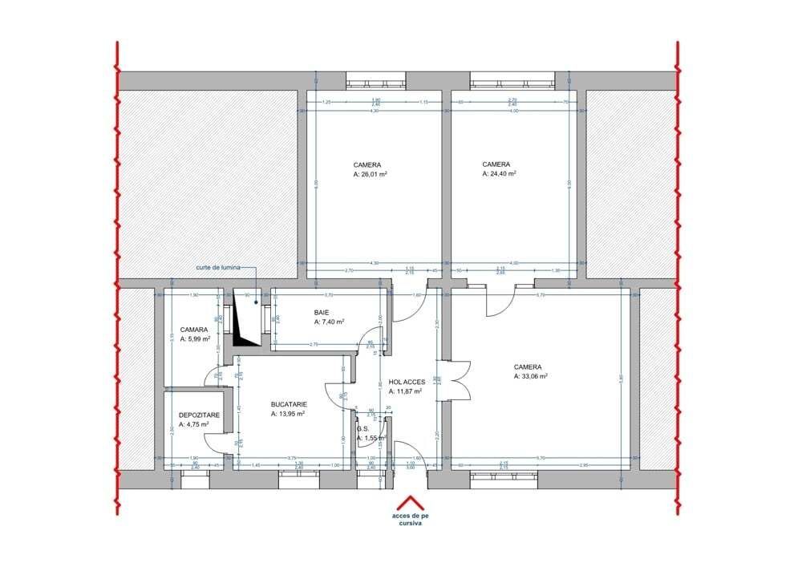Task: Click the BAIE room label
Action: (323, 313)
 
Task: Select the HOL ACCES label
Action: (407, 383)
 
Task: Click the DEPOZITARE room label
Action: (195, 415)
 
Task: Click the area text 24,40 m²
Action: (499, 172)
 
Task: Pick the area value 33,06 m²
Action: (531, 375)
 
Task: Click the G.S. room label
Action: (363, 429)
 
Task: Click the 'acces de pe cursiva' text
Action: (411, 520)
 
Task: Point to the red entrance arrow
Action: (411, 500)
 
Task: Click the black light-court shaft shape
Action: (244, 329)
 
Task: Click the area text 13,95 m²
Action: (290, 415)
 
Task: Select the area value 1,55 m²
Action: (372, 438)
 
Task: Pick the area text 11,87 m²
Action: (406, 392)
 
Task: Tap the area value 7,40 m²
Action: (330, 322)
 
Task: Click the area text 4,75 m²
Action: (193, 424)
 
